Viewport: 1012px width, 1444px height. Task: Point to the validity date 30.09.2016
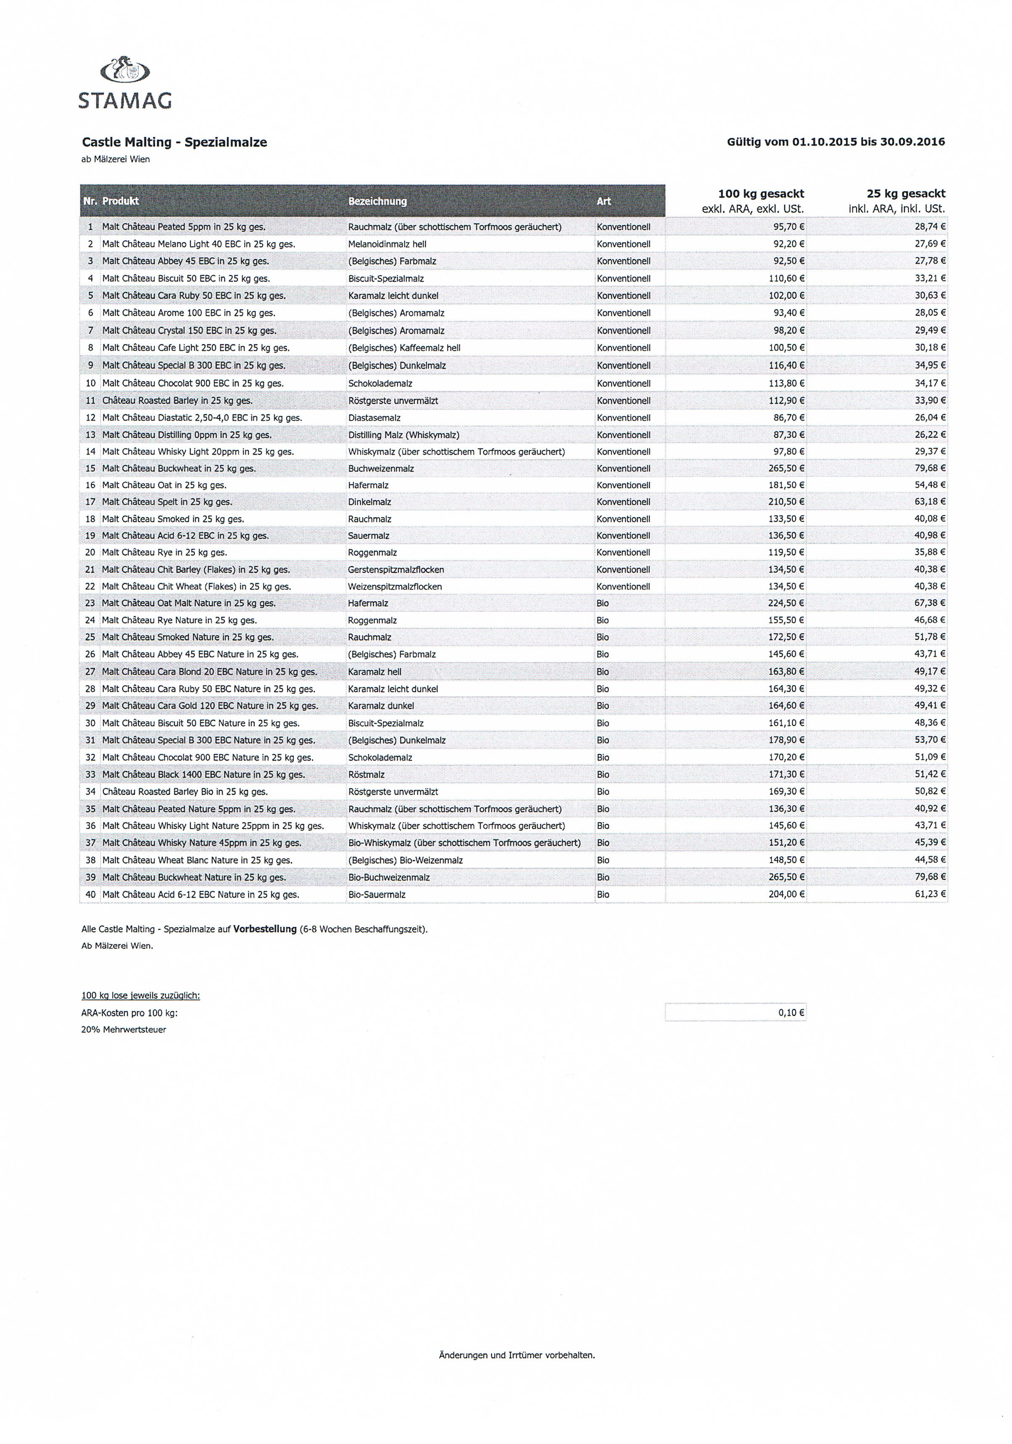click(912, 142)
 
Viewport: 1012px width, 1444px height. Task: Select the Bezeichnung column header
click(377, 201)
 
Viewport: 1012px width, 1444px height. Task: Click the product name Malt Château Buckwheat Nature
click(194, 877)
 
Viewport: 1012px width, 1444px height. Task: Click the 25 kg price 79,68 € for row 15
click(930, 468)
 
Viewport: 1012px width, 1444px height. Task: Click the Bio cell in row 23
click(602, 603)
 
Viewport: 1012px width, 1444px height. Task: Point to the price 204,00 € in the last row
click(786, 894)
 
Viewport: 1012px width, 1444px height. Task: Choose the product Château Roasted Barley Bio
click(185, 792)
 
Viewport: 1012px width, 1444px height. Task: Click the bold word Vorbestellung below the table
click(265, 929)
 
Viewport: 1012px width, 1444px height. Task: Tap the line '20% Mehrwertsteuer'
click(124, 1030)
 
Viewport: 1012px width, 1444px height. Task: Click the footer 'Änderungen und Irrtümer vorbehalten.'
click(516, 1355)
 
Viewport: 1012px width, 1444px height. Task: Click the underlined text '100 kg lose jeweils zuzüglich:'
click(141, 996)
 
